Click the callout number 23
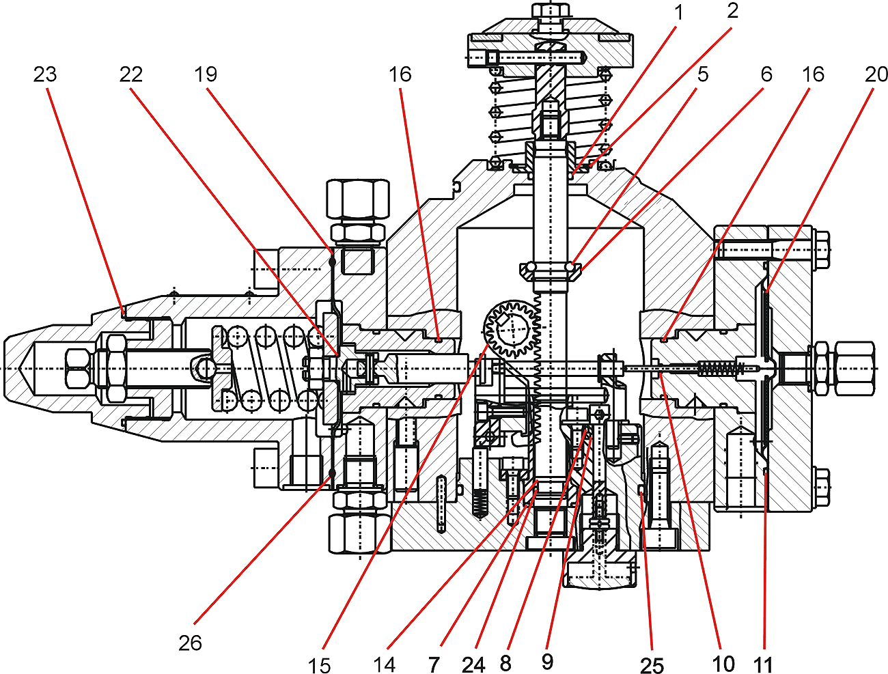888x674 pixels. (45, 75)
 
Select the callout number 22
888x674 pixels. (130, 75)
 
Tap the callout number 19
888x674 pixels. (206, 75)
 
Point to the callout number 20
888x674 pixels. (876, 75)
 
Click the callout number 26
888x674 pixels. (190, 643)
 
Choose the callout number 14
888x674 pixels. (384, 664)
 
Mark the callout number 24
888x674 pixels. (473, 664)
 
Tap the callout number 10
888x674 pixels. (723, 664)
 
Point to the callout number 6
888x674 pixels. (766, 75)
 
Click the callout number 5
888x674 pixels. (703, 75)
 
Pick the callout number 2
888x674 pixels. (732, 12)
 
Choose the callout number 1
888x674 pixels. (679, 12)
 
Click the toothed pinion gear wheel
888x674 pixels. (510, 329)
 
